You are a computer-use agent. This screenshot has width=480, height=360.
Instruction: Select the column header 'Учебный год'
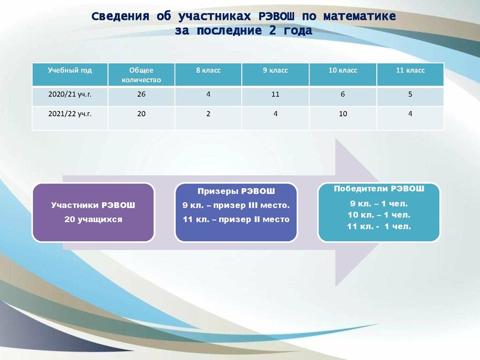pos(70,70)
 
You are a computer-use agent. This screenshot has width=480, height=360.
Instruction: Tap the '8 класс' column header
pos(208,70)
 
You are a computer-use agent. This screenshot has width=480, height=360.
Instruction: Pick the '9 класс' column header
pos(275,70)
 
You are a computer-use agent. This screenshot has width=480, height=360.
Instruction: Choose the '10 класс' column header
pos(343,70)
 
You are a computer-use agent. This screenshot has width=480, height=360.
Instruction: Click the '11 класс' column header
pos(410,70)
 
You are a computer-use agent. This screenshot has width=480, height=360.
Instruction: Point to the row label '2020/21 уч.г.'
pos(70,94)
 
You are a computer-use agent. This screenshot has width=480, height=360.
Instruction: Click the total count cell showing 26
pos(142,94)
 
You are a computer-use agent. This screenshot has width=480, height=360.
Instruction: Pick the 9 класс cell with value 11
pos(275,94)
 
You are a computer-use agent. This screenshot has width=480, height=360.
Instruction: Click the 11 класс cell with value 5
pos(410,94)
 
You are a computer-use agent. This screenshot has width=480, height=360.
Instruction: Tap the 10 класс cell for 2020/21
pos(343,94)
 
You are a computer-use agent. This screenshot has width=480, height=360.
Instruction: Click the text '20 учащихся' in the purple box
pos(93,219)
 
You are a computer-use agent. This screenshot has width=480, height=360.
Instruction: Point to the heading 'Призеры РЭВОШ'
pos(236,191)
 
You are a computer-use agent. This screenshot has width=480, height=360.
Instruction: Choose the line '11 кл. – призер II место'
pos(236,219)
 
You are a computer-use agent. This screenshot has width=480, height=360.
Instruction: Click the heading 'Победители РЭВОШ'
pos(379,188)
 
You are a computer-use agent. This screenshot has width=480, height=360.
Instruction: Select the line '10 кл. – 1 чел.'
pos(379,214)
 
